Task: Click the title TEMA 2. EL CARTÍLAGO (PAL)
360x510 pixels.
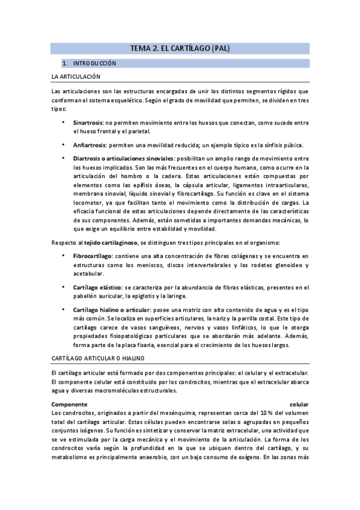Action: point(180,48)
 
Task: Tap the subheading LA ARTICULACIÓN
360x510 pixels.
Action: point(76,76)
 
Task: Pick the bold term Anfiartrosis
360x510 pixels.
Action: point(89,145)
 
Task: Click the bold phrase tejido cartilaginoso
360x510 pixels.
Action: point(109,242)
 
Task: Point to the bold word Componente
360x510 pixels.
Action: point(70,404)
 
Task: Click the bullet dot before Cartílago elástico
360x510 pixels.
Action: point(63,287)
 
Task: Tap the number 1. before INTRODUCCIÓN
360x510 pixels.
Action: point(64,63)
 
